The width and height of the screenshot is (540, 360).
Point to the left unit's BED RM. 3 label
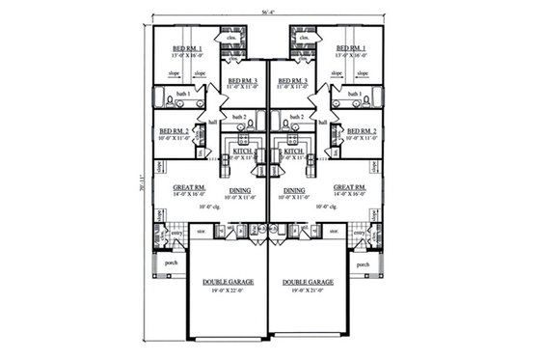click(239, 80)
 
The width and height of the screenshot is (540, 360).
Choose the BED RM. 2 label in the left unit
click(174, 130)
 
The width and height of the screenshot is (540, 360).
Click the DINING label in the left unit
click(240, 190)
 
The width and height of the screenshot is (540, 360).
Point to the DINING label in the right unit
click(295, 190)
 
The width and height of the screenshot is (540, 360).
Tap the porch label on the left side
click(174, 263)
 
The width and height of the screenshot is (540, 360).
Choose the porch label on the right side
click(363, 263)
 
